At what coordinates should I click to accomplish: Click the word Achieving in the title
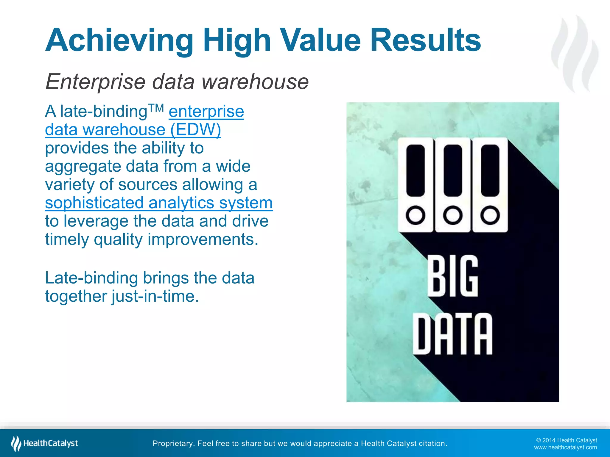(x=119, y=40)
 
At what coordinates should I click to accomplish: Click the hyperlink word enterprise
(x=206, y=112)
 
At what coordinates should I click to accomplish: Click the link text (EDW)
(x=195, y=130)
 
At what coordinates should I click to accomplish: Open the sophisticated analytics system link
(x=159, y=203)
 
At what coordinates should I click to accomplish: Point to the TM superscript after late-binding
(x=156, y=108)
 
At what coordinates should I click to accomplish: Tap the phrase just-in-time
(x=155, y=296)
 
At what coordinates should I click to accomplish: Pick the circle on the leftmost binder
(x=415, y=215)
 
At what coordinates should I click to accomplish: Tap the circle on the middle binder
(x=452, y=215)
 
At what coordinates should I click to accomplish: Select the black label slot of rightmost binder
(x=490, y=170)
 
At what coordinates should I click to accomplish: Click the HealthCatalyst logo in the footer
(x=45, y=443)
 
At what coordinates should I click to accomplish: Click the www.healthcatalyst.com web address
(x=565, y=447)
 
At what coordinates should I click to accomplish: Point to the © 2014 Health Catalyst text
(x=566, y=440)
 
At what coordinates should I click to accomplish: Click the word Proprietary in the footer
(x=173, y=443)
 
